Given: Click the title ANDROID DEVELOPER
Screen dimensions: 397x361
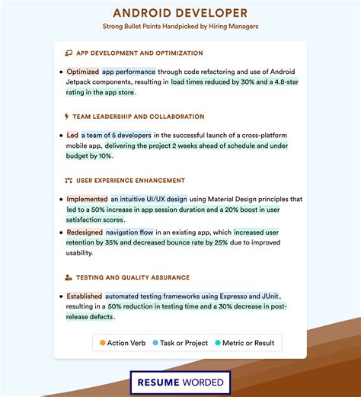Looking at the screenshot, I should click(180, 13).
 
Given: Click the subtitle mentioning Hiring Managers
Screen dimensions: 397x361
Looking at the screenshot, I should click(180, 26).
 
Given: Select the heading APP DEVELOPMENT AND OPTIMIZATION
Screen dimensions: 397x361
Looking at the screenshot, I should click(138, 53).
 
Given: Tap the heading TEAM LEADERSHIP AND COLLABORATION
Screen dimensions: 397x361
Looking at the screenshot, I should click(138, 117).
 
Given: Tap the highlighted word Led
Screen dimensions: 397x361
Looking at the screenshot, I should click(72, 135).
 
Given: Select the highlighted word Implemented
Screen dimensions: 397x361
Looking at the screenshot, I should click(86, 199).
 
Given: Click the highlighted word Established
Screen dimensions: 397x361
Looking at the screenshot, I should click(84, 296).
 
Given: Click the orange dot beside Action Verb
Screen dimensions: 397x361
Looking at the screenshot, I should click(102, 343).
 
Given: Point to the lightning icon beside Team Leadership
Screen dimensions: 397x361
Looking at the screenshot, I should click(67, 117).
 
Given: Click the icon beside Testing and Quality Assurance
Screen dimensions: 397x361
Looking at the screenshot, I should click(68, 277).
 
